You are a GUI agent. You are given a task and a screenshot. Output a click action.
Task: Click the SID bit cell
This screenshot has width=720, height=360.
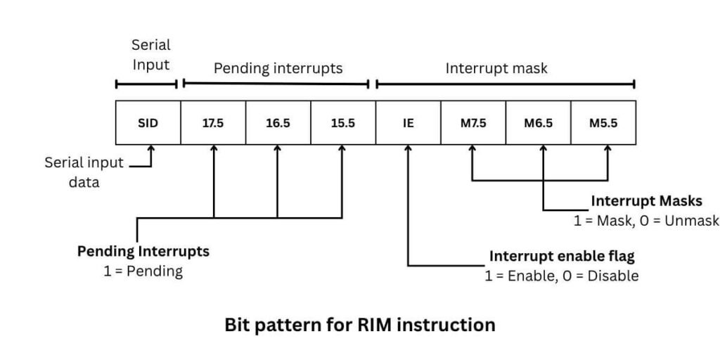(x=148, y=123)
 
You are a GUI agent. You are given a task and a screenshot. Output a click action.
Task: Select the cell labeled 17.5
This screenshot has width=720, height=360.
(x=212, y=123)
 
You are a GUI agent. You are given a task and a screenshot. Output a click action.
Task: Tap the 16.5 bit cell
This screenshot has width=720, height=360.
(x=278, y=123)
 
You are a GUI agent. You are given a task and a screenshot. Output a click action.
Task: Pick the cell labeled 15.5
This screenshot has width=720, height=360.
(x=342, y=123)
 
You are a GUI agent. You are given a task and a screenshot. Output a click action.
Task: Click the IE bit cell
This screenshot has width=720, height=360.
(x=408, y=123)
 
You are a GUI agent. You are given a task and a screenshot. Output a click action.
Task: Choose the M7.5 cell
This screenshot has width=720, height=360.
(x=472, y=123)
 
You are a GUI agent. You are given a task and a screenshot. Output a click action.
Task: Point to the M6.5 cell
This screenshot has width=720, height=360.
(x=538, y=123)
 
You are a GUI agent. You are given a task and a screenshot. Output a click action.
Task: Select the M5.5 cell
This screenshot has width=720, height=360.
(x=603, y=123)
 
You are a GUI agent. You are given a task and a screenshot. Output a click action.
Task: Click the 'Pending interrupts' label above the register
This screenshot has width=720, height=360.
(x=278, y=68)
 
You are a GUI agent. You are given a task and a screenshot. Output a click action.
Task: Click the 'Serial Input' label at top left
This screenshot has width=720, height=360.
(x=151, y=55)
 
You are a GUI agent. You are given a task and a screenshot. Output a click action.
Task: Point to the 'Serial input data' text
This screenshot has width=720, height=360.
(x=84, y=172)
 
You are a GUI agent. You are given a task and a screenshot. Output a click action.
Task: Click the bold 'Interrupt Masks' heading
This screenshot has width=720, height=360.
(x=646, y=201)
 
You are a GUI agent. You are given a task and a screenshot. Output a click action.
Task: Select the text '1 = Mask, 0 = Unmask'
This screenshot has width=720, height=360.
(x=646, y=220)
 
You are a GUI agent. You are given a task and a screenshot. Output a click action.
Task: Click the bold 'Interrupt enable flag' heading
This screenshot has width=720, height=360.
(x=562, y=255)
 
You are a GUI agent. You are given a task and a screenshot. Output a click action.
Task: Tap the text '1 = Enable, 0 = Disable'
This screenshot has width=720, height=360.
(x=562, y=276)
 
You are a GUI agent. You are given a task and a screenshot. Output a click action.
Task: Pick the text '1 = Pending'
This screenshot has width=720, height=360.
(x=143, y=271)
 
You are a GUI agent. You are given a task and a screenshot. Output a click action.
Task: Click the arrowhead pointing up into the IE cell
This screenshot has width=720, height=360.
(x=408, y=149)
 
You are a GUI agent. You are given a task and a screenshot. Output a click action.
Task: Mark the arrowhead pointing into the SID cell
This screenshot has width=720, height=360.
(x=150, y=150)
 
